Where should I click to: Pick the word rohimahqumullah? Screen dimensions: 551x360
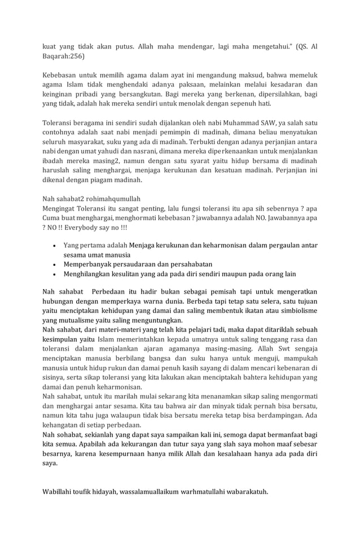111,199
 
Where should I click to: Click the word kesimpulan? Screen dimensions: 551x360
60,339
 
